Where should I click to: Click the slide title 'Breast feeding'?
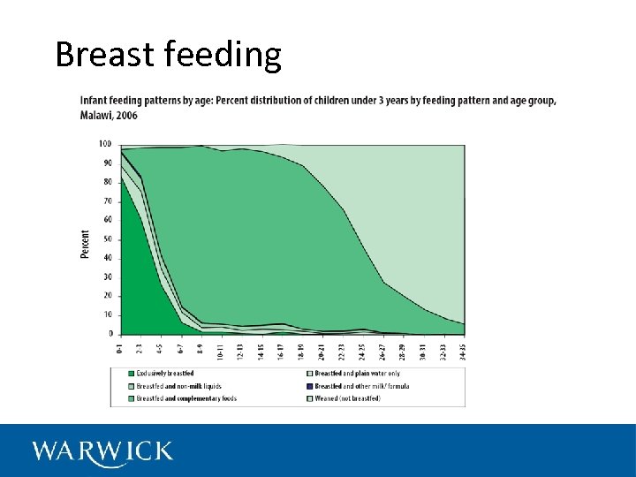168,55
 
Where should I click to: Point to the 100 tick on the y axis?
104,144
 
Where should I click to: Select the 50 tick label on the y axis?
106,239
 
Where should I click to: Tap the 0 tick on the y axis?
110,334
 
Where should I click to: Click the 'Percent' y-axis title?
86,244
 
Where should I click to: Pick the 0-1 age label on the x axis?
119,348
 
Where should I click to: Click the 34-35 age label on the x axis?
462,350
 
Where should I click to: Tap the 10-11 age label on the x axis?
222,350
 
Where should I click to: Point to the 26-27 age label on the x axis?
382,350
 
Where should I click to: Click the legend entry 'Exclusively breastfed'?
164,374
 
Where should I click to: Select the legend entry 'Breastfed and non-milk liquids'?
178,386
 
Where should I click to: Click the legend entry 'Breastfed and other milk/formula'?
362,386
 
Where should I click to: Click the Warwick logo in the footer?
102,451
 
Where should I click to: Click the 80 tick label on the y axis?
106,182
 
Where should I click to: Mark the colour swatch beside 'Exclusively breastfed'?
131,374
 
